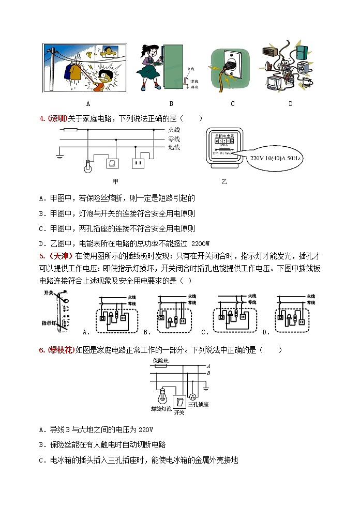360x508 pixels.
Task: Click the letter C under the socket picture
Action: (233, 103)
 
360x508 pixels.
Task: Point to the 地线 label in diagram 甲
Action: (174, 148)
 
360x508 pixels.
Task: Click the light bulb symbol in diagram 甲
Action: (88, 165)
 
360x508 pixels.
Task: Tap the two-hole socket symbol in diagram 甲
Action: (138, 164)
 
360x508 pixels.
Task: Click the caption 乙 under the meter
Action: (224, 182)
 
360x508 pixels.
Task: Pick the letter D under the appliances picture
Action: (291, 103)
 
